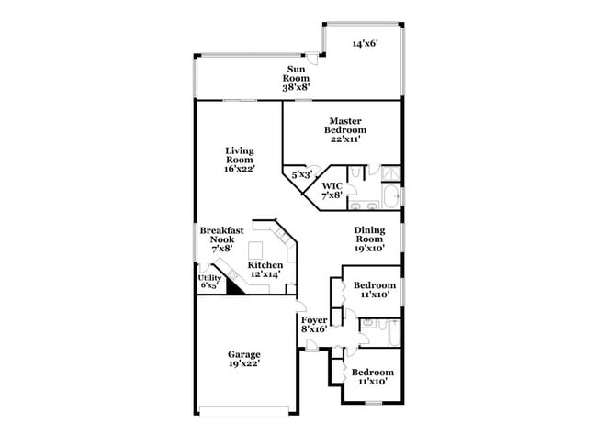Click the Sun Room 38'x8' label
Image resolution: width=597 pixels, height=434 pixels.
295,78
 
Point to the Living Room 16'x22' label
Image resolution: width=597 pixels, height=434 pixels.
240,159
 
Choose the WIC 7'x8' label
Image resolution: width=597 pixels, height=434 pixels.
332,190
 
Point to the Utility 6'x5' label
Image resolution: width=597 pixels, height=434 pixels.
209,281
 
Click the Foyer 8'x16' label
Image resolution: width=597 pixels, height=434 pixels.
313,324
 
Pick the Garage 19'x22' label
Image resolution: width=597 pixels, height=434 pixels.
244,359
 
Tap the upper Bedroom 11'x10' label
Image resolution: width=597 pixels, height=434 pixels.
376,290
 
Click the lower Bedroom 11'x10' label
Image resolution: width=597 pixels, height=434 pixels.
373,377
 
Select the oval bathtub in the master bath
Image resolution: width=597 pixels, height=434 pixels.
389,195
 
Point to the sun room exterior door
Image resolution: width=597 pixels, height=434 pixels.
313,59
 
